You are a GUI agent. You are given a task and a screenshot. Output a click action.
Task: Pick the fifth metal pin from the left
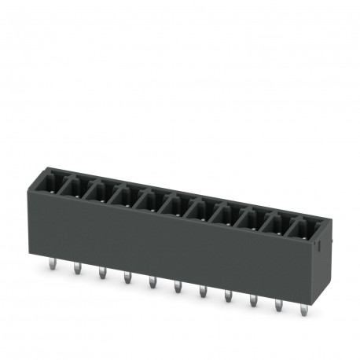(x=152, y=284)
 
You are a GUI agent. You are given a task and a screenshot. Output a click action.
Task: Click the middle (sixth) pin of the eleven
(x=177, y=288)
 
